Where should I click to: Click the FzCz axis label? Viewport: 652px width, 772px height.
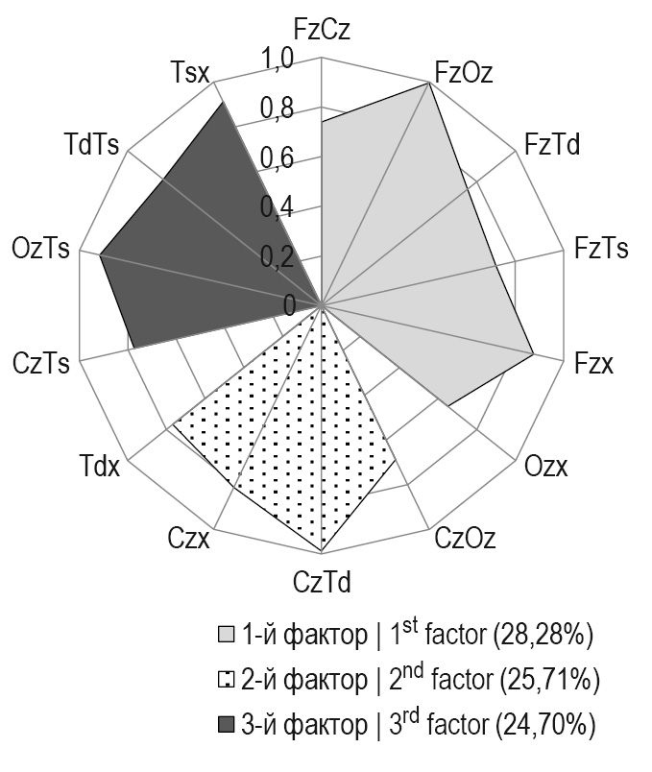pyautogui.click(x=322, y=29)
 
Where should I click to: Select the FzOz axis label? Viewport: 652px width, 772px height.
pyautogui.click(x=463, y=72)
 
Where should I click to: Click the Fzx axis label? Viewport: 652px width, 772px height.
pyautogui.click(x=594, y=365)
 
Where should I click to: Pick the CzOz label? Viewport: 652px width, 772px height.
pyautogui.click(x=465, y=539)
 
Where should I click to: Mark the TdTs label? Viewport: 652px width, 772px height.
pyautogui.click(x=91, y=146)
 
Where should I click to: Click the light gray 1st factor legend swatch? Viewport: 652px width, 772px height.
pyautogui.click(x=226, y=635)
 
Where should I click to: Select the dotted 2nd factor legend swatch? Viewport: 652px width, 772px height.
pyautogui.click(x=226, y=681)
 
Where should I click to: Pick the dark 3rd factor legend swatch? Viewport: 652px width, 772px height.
pyautogui.click(x=226, y=727)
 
